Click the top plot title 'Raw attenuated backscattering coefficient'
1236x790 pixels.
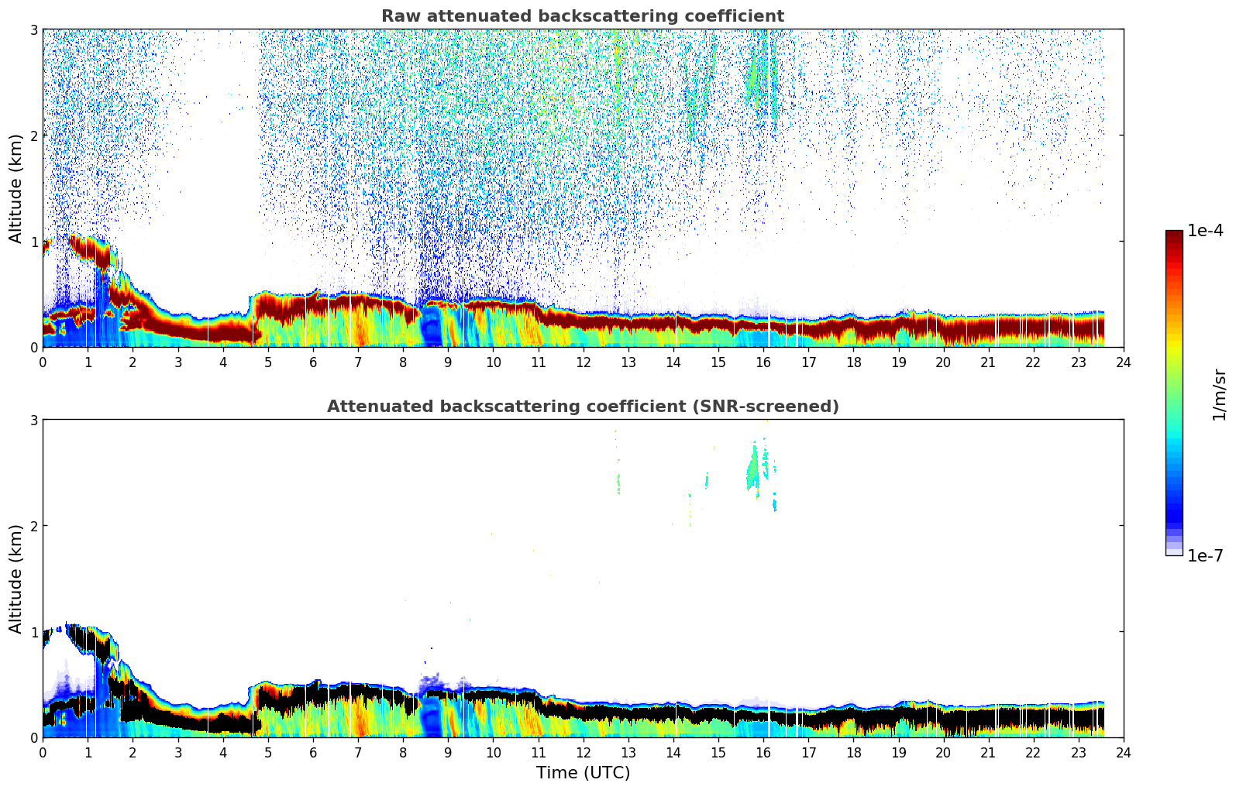coord(582,16)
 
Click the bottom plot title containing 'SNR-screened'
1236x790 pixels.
coord(582,407)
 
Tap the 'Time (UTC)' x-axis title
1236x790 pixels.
coord(583,772)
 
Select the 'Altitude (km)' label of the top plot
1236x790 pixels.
coord(15,188)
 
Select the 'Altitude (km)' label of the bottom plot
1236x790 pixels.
coord(15,579)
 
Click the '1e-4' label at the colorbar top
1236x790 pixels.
coord(1205,231)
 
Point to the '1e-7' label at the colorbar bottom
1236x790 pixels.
coord(1205,555)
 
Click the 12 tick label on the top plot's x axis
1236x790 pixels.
coord(583,362)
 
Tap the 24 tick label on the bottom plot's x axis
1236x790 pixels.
coord(1123,753)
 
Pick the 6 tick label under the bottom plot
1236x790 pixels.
coord(313,753)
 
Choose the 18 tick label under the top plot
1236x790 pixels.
coord(853,362)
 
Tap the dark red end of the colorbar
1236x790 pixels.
coord(1173,235)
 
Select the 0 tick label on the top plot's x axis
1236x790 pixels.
coord(43,362)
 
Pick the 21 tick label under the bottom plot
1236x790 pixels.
coord(988,753)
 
